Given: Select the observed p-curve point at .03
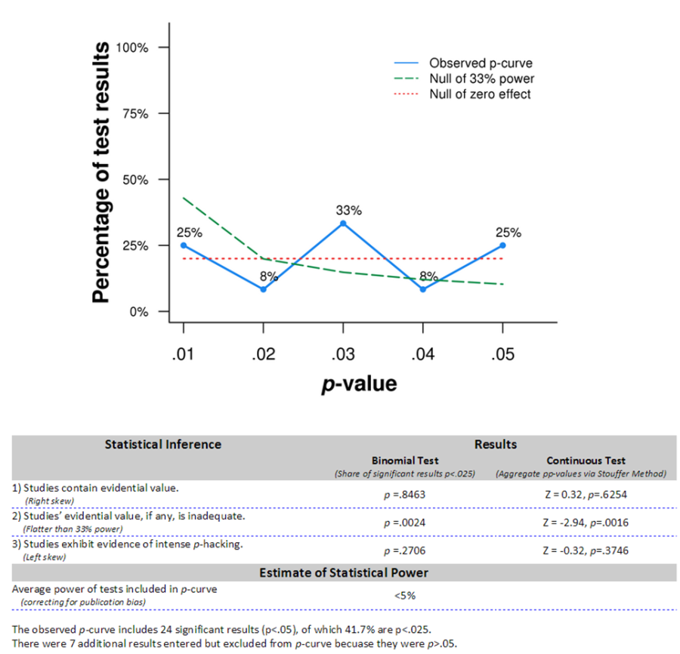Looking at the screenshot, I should click(x=343, y=224).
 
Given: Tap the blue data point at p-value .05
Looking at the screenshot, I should click(x=502, y=245).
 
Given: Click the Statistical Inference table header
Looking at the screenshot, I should click(x=163, y=444).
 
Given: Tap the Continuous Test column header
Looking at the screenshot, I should click(x=580, y=460).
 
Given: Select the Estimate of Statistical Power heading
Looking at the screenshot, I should click(x=344, y=573).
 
